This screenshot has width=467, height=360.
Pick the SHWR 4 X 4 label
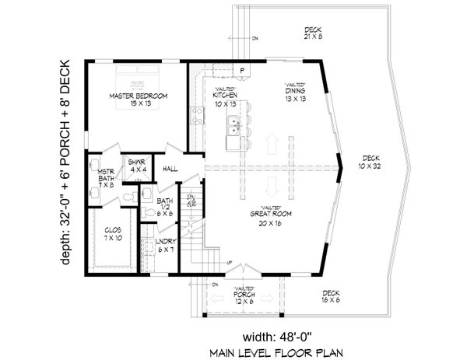(139, 165)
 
